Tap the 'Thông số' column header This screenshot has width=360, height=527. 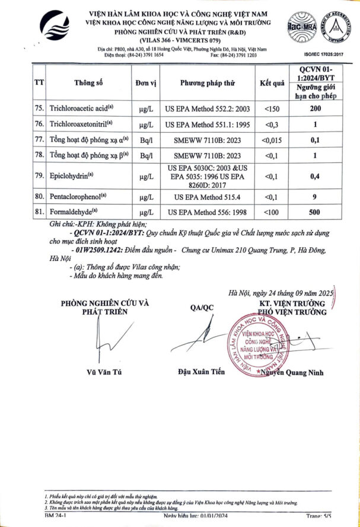point(89,83)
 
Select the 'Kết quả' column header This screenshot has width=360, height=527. point(272,83)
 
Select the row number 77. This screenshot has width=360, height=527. point(40,140)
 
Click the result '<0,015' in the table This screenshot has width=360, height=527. point(272,140)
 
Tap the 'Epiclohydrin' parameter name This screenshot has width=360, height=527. point(74,176)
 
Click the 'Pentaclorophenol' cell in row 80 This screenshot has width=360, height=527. point(82,196)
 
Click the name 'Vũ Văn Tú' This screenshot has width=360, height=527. point(104,372)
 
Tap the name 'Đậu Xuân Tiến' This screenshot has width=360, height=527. point(201,372)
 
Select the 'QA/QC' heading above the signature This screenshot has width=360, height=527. point(201,307)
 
